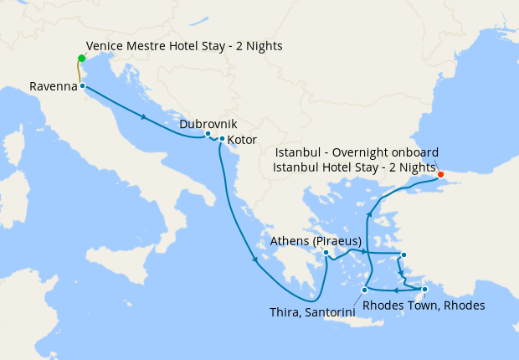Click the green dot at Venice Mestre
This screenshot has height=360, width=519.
pyautogui.click(x=81, y=59)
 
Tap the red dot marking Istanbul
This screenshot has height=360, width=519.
pyautogui.click(x=440, y=176)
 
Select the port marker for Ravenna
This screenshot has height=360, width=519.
pyautogui.click(x=82, y=85)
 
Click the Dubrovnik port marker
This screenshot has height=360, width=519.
pyautogui.click(x=208, y=134)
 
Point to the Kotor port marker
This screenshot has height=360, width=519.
pyautogui.click(x=221, y=139)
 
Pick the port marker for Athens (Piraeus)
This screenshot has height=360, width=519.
pyautogui.click(x=326, y=252)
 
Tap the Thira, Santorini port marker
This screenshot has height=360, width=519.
pyautogui.click(x=363, y=290)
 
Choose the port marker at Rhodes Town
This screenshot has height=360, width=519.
pyautogui.click(x=424, y=290)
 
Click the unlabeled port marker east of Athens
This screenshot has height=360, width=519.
pyautogui.click(x=403, y=255)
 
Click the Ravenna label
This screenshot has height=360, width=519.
pyautogui.click(x=53, y=86)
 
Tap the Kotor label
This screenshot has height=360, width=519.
pyautogui.click(x=243, y=140)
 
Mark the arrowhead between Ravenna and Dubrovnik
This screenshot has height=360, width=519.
pyautogui.click(x=146, y=116)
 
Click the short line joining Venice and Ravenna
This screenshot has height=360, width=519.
pyautogui.click(x=80, y=73)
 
